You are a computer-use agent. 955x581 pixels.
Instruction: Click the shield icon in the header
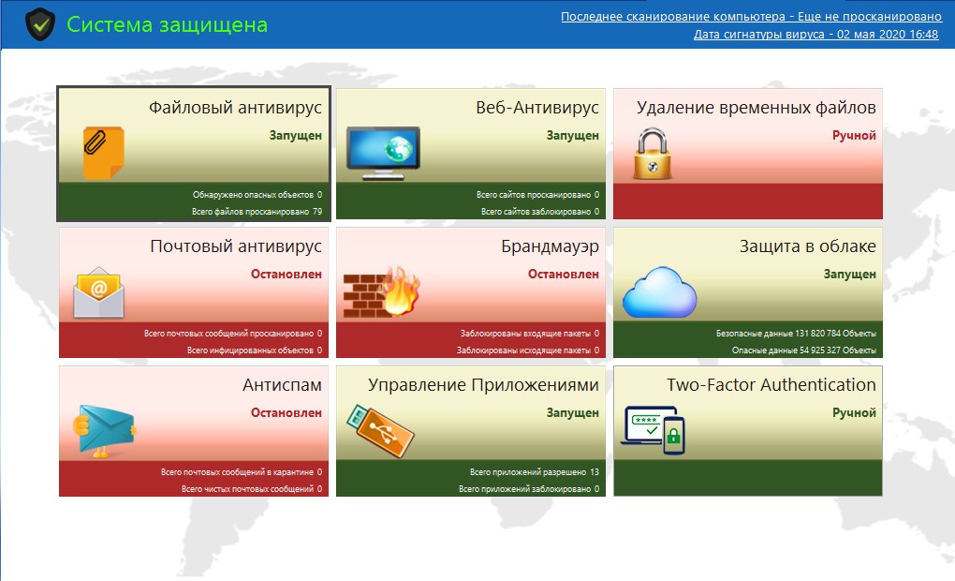tap(40, 24)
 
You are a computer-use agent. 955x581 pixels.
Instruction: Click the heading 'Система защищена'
tap(167, 24)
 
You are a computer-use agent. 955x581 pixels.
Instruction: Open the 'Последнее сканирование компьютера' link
tap(752, 17)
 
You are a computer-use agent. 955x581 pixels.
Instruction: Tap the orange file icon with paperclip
tap(104, 153)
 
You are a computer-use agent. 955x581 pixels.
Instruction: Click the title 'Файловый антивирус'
tap(235, 108)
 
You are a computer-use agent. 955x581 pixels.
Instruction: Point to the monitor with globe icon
tap(383, 153)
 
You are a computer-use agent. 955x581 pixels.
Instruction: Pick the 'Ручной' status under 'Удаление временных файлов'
tap(854, 135)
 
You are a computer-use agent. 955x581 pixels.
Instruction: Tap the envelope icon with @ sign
tap(98, 292)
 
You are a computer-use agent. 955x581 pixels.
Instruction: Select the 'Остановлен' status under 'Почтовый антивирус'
tap(286, 275)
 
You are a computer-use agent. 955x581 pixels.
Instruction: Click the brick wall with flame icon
tap(381, 292)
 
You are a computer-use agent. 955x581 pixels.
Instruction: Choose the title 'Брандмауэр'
tap(550, 246)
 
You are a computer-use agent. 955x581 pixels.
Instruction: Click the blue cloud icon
tap(660, 292)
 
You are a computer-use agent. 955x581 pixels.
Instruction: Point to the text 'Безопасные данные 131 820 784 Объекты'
tap(796, 334)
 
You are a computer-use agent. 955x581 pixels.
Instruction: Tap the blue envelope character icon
tap(105, 431)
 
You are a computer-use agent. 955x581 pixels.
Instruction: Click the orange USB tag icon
tap(380, 431)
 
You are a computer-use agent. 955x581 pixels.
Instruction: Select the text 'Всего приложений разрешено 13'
tap(534, 472)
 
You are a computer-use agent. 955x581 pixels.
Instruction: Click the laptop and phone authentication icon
tap(653, 430)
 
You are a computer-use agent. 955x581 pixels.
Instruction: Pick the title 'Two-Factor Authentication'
tap(771, 385)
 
